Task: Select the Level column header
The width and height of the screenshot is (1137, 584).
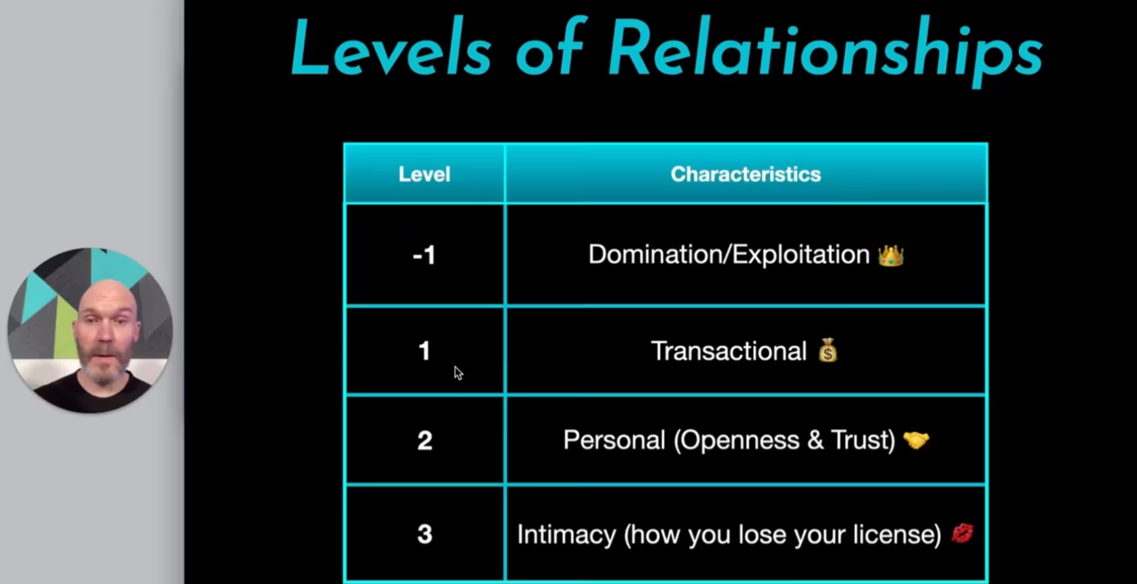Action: coord(424,174)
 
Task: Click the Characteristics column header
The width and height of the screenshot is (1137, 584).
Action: coord(746,174)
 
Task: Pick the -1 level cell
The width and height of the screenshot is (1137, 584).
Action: coord(424,255)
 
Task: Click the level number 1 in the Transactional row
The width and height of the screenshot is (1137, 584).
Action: coord(424,351)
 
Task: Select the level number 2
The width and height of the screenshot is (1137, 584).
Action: coord(425,440)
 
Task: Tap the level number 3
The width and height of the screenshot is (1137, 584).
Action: coord(425,534)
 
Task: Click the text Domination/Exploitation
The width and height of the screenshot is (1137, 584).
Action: coord(729,255)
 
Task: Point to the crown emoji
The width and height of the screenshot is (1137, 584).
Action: coord(891,256)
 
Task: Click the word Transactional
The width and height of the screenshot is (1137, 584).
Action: coord(729,351)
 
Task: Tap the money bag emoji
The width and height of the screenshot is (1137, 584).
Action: coord(828,350)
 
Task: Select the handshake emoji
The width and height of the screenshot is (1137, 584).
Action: coord(916,440)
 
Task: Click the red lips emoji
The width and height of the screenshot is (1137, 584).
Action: coord(963,533)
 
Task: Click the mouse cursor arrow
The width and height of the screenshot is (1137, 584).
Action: coord(458,373)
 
